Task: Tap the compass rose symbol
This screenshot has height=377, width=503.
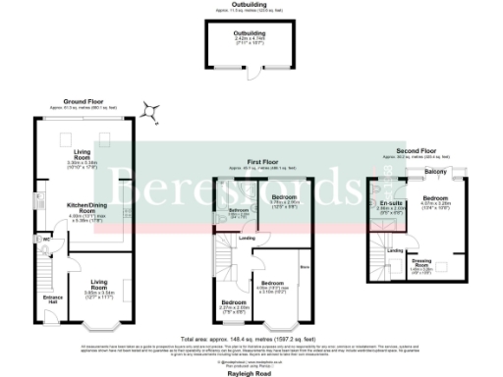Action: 150,113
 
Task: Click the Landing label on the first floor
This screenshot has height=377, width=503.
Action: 251,238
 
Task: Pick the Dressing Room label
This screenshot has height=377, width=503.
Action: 419,265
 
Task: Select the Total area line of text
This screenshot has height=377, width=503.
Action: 251,335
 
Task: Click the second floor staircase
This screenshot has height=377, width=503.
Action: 374,260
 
